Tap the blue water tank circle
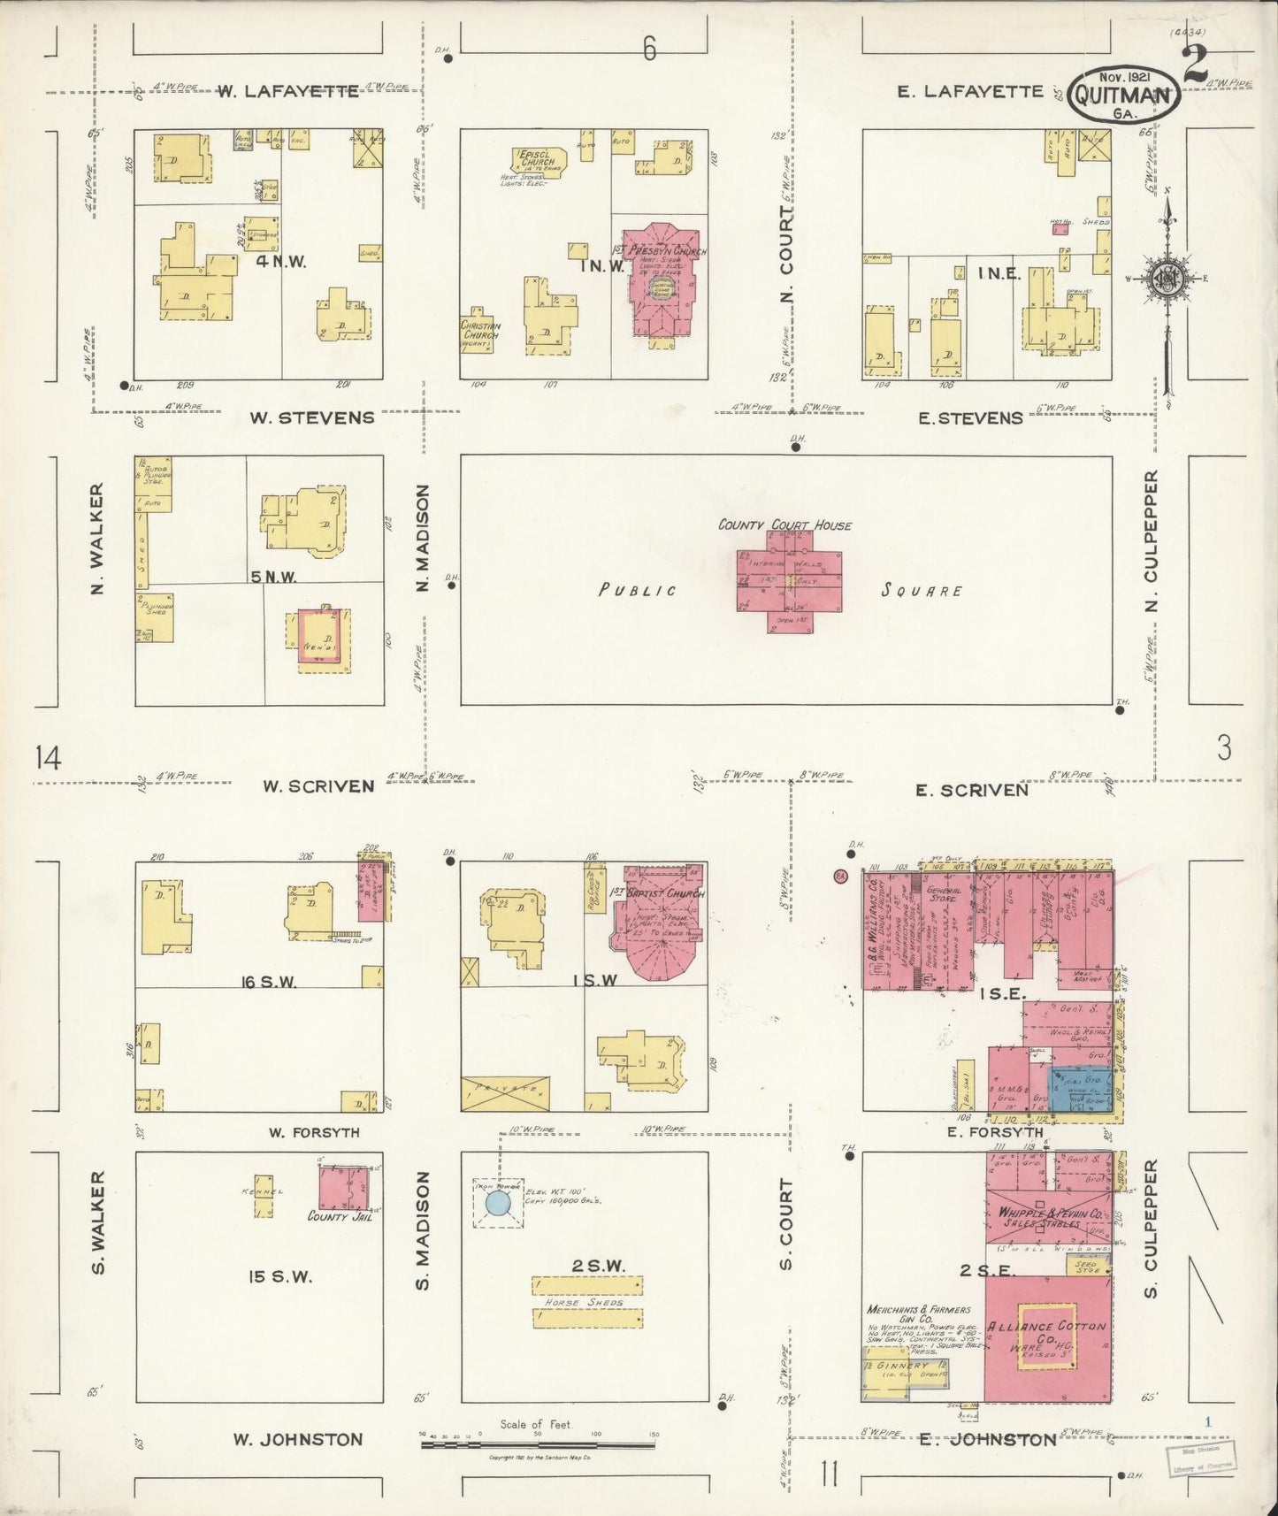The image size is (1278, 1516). click(498, 1202)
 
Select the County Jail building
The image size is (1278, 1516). click(343, 1189)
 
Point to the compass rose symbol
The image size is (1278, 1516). click(1167, 279)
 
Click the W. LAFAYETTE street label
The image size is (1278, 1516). click(288, 91)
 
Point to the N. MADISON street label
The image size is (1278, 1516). click(422, 537)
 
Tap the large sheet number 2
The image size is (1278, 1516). click(1195, 64)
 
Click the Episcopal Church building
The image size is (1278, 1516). click(537, 162)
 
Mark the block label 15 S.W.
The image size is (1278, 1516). click(280, 1276)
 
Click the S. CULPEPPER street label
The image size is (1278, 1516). click(1151, 1229)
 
